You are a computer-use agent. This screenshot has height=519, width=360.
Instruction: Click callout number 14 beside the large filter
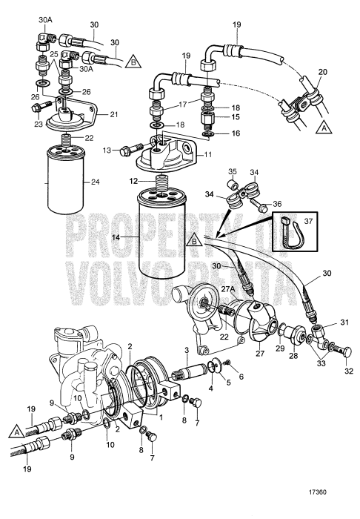pyautogui.click(x=116, y=237)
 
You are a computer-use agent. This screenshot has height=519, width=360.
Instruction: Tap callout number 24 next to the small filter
pyautogui.click(x=96, y=182)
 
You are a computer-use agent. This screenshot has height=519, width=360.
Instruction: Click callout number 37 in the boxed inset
pyautogui.click(x=308, y=220)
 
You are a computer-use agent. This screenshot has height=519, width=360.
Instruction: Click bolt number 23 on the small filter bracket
pyautogui.click(x=41, y=107)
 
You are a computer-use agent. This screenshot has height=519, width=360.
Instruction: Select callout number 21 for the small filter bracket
pyautogui.click(x=113, y=114)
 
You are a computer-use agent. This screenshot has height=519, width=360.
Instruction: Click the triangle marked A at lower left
pyautogui.click(x=16, y=432)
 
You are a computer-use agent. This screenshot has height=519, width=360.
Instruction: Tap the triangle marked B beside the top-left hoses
pyautogui.click(x=133, y=62)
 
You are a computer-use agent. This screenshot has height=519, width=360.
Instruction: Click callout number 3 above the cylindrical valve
pyautogui.click(x=187, y=349)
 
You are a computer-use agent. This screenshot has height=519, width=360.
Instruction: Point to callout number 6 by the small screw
pyautogui.click(x=241, y=377)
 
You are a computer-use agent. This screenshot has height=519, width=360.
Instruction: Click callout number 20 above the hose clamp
pyautogui.click(x=323, y=72)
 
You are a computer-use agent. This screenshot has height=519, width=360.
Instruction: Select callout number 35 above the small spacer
pyautogui.click(x=233, y=171)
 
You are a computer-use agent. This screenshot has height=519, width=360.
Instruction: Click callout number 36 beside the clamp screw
pyautogui.click(x=277, y=204)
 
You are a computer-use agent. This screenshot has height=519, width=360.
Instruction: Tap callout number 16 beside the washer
pyautogui.click(x=245, y=133)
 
